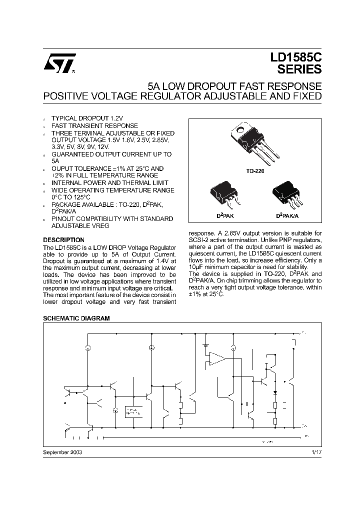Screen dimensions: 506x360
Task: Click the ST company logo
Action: click(59, 63)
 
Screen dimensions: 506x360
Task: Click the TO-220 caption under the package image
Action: click(254, 171)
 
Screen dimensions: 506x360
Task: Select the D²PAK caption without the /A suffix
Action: click(221, 215)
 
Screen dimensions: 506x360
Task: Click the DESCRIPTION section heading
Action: click(64, 239)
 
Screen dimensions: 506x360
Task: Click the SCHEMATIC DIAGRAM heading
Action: click(76, 318)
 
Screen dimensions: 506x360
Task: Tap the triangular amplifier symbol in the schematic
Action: click(217, 357)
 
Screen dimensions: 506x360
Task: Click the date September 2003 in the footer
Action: click(63, 451)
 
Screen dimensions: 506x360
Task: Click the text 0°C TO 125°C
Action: click(73, 197)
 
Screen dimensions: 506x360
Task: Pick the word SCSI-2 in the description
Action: click(199, 240)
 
